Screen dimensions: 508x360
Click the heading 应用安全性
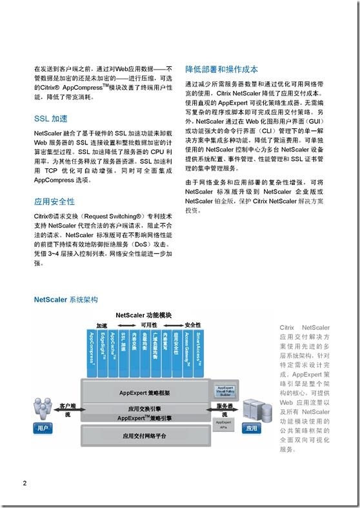coord(54,202)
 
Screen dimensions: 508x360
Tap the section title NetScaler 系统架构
coord(66,300)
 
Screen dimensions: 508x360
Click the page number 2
coord(25,483)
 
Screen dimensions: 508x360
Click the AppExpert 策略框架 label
coord(144,391)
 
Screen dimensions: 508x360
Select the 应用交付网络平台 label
coord(144,436)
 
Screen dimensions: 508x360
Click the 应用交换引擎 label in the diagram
coord(144,409)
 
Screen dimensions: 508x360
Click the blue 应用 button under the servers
coord(252,428)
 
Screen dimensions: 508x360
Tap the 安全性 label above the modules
coord(193,324)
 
